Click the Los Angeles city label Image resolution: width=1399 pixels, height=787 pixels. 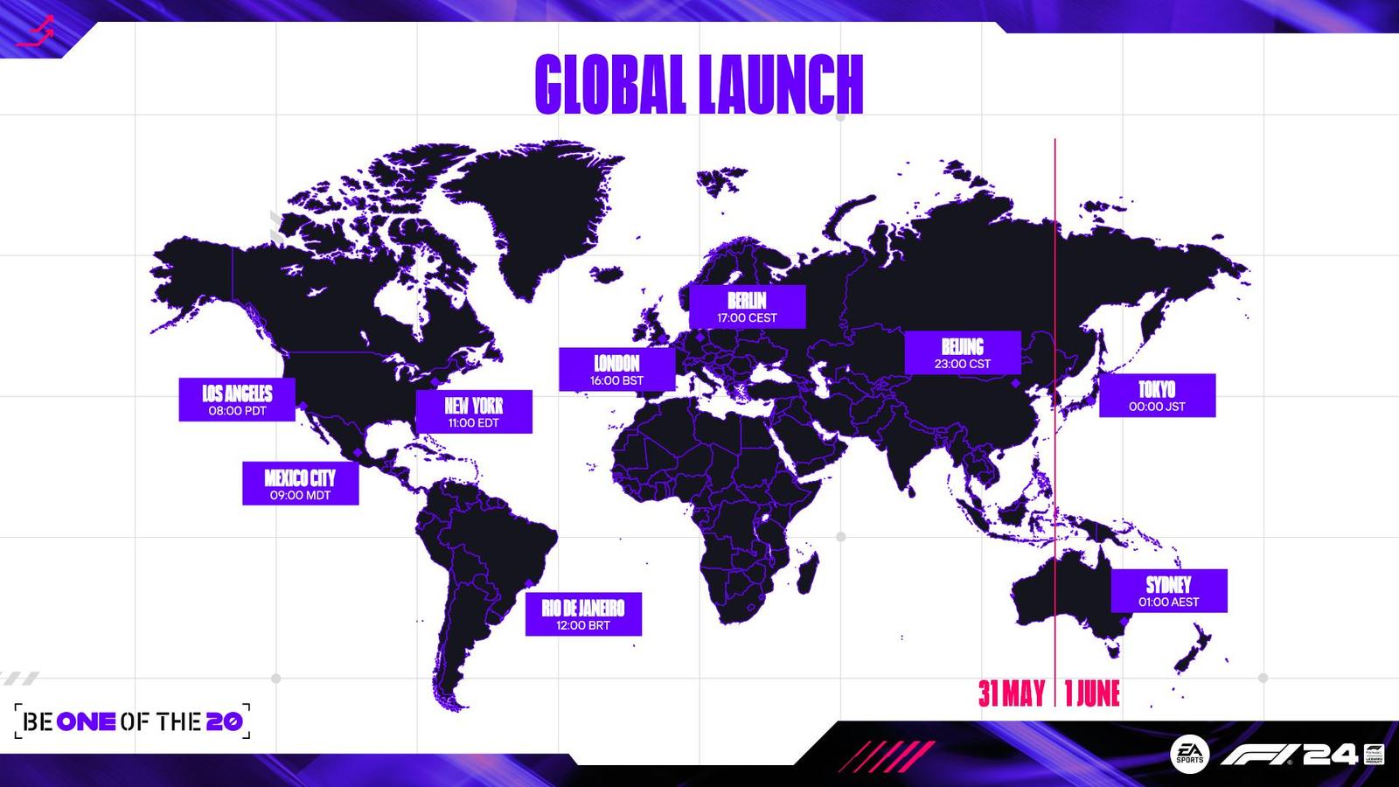tap(237, 399)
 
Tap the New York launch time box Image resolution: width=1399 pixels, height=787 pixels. tap(474, 412)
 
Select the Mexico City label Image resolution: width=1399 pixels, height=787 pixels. tap(301, 484)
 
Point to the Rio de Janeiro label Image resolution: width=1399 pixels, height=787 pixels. tap(583, 614)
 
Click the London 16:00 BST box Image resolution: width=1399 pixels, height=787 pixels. tap(617, 369)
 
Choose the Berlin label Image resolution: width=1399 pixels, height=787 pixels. tap(748, 307)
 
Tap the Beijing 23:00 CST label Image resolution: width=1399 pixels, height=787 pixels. tap(963, 353)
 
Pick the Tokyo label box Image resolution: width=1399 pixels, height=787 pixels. tap(1158, 395)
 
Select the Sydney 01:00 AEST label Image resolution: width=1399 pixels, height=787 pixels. tap(1169, 591)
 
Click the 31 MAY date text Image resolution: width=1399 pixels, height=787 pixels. tap(1012, 693)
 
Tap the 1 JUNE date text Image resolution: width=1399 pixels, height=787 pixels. tap(1092, 693)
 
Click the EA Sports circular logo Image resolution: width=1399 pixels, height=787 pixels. tap(1190, 754)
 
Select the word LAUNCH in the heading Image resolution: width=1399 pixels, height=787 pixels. tap(781, 84)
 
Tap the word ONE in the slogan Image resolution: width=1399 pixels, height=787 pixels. tap(86, 722)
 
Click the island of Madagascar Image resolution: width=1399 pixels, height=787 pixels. tap(808, 574)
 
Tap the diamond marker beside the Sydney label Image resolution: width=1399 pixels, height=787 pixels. tap(1124, 622)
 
